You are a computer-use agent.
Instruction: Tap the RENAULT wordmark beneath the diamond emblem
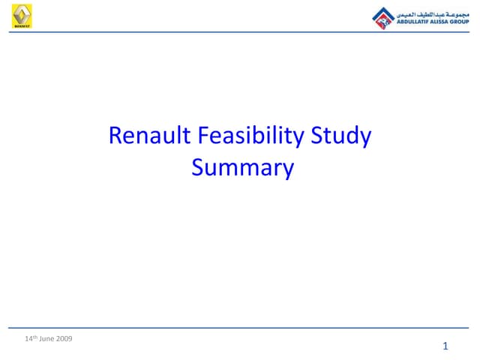point(22,25)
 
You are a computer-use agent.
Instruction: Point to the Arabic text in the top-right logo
point(430,13)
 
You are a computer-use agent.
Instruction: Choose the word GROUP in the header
point(463,22)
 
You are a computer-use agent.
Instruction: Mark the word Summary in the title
point(242,167)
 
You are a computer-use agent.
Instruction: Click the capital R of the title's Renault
point(115,136)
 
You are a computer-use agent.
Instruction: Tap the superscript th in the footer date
point(35,337)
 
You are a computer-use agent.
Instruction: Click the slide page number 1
point(445,346)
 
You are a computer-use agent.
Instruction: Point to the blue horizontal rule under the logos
point(240,31)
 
